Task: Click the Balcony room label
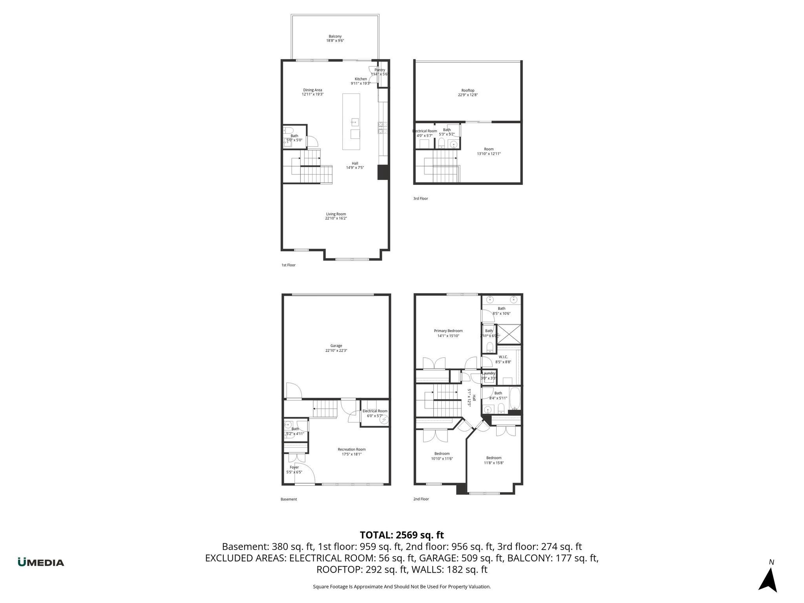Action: click(x=335, y=38)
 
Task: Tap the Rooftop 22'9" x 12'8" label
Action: click(x=468, y=93)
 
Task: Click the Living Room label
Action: click(x=336, y=216)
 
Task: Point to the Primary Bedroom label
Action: click(x=448, y=333)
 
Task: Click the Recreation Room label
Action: click(x=351, y=452)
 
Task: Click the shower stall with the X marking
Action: click(x=509, y=334)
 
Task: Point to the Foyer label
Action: click(x=294, y=470)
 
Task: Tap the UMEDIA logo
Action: click(x=41, y=562)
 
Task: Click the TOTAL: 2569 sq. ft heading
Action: click(x=402, y=535)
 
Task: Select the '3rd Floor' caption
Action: click(x=420, y=199)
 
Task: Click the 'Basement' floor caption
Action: click(x=289, y=499)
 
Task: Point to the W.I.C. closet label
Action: click(x=503, y=359)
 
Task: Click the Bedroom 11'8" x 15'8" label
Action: click(x=493, y=460)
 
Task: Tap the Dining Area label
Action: click(x=312, y=92)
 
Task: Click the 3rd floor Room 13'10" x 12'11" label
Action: click(x=488, y=152)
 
